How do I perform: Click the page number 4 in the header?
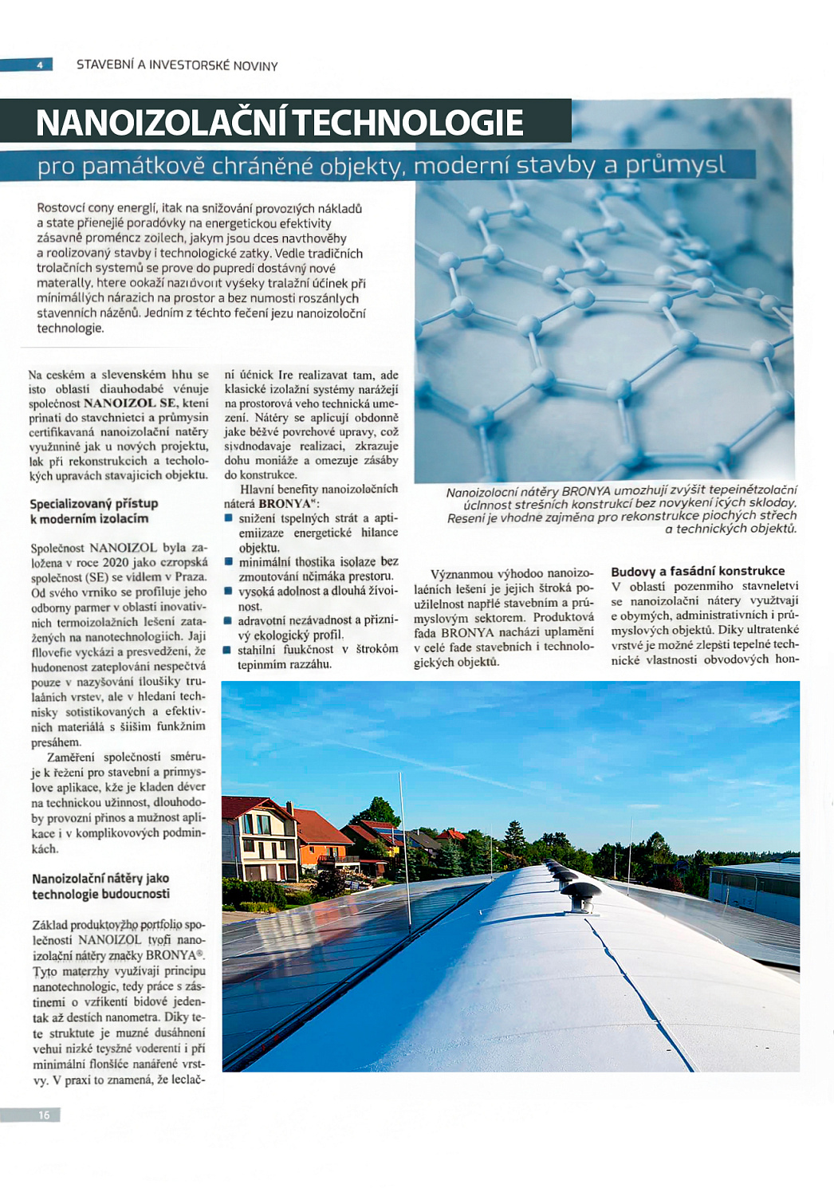pos(39,65)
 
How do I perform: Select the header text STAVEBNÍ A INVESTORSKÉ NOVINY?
pos(177,65)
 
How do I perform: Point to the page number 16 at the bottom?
pos(44,1115)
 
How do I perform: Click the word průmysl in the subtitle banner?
pos(675,165)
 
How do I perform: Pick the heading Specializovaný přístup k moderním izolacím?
pos(94,511)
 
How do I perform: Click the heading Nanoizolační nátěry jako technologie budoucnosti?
pos(100,886)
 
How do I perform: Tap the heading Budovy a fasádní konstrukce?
pos(698,571)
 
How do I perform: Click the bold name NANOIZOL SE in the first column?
pos(130,403)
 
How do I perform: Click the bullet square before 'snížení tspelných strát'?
pos(229,518)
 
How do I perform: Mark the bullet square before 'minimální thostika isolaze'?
pos(229,561)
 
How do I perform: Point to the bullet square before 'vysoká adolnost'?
pos(229,591)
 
